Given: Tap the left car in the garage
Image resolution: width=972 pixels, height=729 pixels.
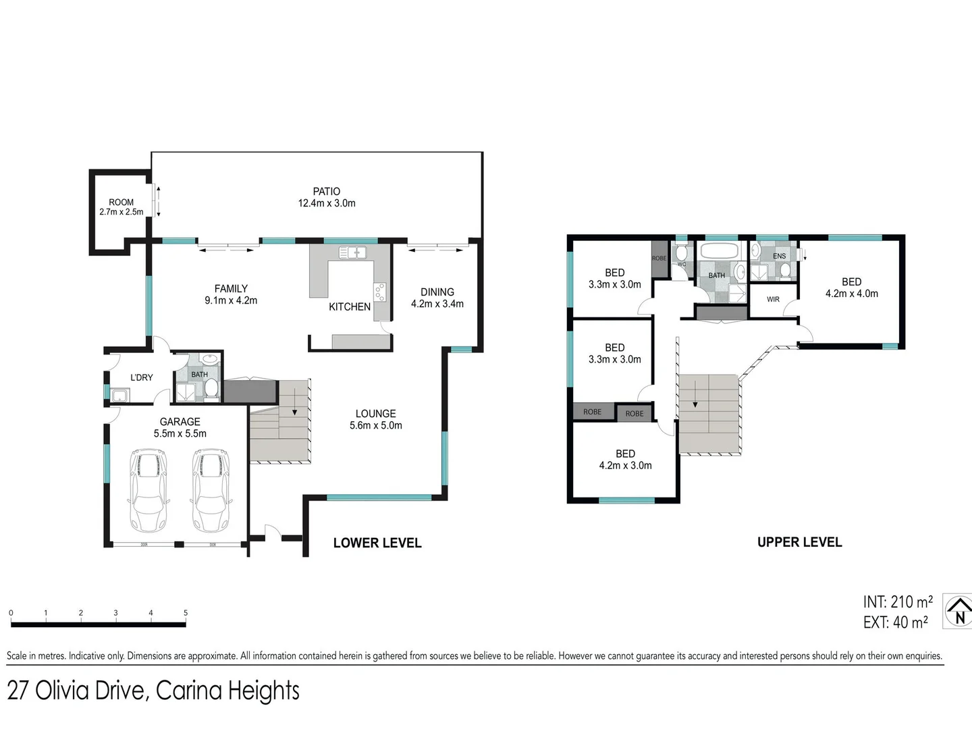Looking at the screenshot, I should [x=148, y=491].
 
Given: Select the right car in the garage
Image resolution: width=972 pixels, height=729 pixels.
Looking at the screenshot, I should [x=211, y=491].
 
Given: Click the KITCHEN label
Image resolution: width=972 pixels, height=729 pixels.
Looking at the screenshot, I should [x=350, y=306].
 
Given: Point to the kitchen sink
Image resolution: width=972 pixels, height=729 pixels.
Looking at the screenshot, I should [x=352, y=253].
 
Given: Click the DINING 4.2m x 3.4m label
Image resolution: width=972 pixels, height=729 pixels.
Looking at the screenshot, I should [x=437, y=298].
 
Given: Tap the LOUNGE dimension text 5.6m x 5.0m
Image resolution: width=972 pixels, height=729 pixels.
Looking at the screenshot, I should [x=376, y=425].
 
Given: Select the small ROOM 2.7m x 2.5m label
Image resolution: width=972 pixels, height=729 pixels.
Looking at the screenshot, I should [x=122, y=207].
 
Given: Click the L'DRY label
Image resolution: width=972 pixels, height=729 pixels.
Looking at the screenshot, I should [x=142, y=377].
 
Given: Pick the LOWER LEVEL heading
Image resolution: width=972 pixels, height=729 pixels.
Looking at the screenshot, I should [x=377, y=543].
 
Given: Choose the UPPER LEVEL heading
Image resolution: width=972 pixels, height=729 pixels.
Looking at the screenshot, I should [x=799, y=542].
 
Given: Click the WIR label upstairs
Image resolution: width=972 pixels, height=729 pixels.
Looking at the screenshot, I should [x=774, y=299].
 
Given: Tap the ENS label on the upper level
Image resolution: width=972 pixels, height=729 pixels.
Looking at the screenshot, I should [x=779, y=256].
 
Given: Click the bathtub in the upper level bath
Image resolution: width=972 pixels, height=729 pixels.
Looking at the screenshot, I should [x=721, y=252].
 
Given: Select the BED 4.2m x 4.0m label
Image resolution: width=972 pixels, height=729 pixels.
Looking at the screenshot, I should [x=851, y=288].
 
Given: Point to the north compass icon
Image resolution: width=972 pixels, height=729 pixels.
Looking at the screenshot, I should [x=959, y=612].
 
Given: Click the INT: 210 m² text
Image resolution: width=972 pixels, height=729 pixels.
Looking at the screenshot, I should [x=897, y=601].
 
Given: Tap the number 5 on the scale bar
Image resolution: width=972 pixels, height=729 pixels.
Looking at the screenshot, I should [x=186, y=613].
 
